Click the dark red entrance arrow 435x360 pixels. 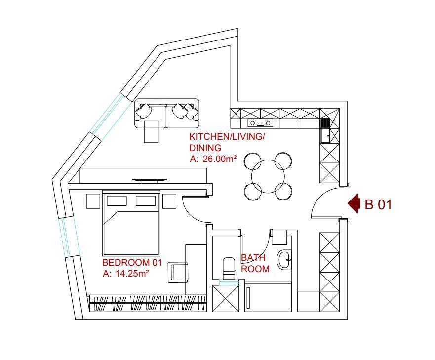353,203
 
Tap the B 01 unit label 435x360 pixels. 378,205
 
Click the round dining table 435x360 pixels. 268,176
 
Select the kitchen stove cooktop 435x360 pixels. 260,122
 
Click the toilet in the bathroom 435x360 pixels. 229,268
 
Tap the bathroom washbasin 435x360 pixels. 284,260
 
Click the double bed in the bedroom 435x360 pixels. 131,223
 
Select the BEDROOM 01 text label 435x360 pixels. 132,262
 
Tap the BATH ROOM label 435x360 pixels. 255,263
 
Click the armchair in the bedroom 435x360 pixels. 178,272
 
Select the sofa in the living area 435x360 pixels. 167,113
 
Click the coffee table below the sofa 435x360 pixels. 151,131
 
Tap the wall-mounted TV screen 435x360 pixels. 150,180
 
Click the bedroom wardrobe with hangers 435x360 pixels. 147,303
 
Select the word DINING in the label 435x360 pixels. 205,147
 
